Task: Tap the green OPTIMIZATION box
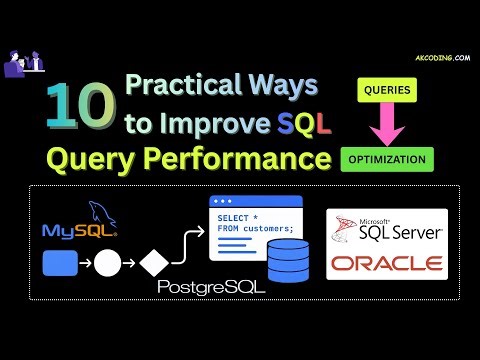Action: coord(386,158)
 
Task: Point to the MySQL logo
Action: coord(80,224)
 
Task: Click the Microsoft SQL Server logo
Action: coord(386,229)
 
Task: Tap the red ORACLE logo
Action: coord(386,264)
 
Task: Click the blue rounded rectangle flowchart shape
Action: coord(60,266)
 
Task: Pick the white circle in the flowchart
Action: coord(107,266)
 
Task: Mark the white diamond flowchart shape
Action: coord(153,266)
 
